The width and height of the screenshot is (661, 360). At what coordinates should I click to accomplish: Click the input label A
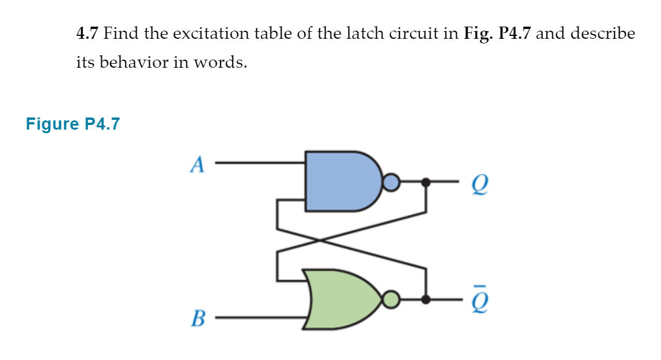[x=197, y=165]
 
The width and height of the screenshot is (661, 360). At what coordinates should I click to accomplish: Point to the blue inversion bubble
[x=391, y=183]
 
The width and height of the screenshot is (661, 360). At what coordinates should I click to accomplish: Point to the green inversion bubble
[x=392, y=300]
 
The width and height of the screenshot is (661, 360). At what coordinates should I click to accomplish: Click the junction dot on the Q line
[x=426, y=183]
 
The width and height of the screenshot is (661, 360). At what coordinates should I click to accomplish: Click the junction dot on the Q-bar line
[x=426, y=300]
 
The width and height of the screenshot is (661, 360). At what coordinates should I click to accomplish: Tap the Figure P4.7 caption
[x=72, y=124]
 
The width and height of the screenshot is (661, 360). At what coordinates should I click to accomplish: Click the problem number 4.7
[x=88, y=34]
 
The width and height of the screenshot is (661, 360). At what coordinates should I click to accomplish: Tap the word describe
[x=603, y=34]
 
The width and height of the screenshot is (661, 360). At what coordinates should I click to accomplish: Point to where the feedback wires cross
[x=322, y=240]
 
